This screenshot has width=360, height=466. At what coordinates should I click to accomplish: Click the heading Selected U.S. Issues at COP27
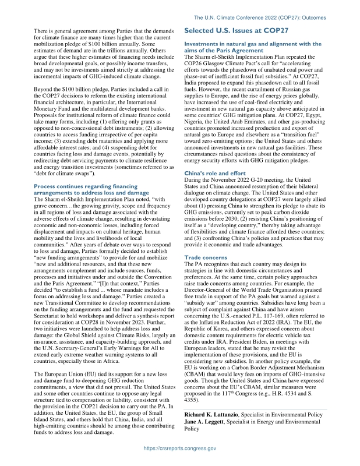[x=237, y=30]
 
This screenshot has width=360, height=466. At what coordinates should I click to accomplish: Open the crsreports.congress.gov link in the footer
[x=180, y=449]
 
